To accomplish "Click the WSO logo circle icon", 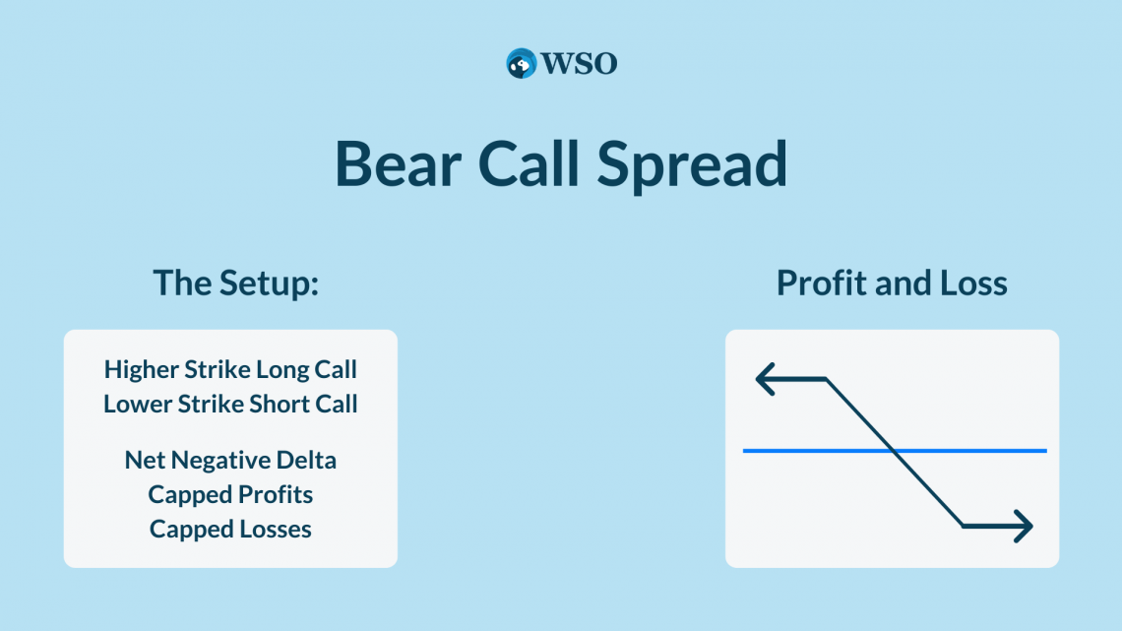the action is point(521,64).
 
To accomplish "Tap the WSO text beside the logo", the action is point(579,64).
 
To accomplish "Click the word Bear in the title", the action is point(398,163).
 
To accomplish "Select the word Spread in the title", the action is point(692,166).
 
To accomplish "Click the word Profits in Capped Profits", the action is point(276,494).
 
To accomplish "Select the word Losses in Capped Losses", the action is point(276,530).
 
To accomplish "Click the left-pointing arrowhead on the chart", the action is point(765,379).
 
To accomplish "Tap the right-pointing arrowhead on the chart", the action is point(1024,527).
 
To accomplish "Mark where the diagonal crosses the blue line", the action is point(894,451).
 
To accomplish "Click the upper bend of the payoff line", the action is point(827,379).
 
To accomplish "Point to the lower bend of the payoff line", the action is point(963,526).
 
